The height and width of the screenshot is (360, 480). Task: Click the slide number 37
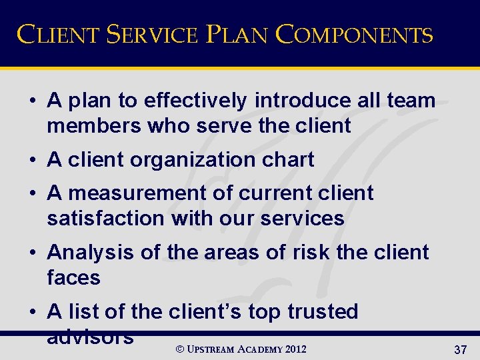point(460,350)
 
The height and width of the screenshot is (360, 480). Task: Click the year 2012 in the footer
point(295,349)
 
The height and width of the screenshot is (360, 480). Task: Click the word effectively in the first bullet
point(195,101)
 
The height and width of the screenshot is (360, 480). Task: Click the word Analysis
point(89,253)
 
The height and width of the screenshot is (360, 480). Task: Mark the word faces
point(73,277)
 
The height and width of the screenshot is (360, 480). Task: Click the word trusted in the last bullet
point(323,311)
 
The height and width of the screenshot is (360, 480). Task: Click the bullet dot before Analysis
point(32,253)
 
